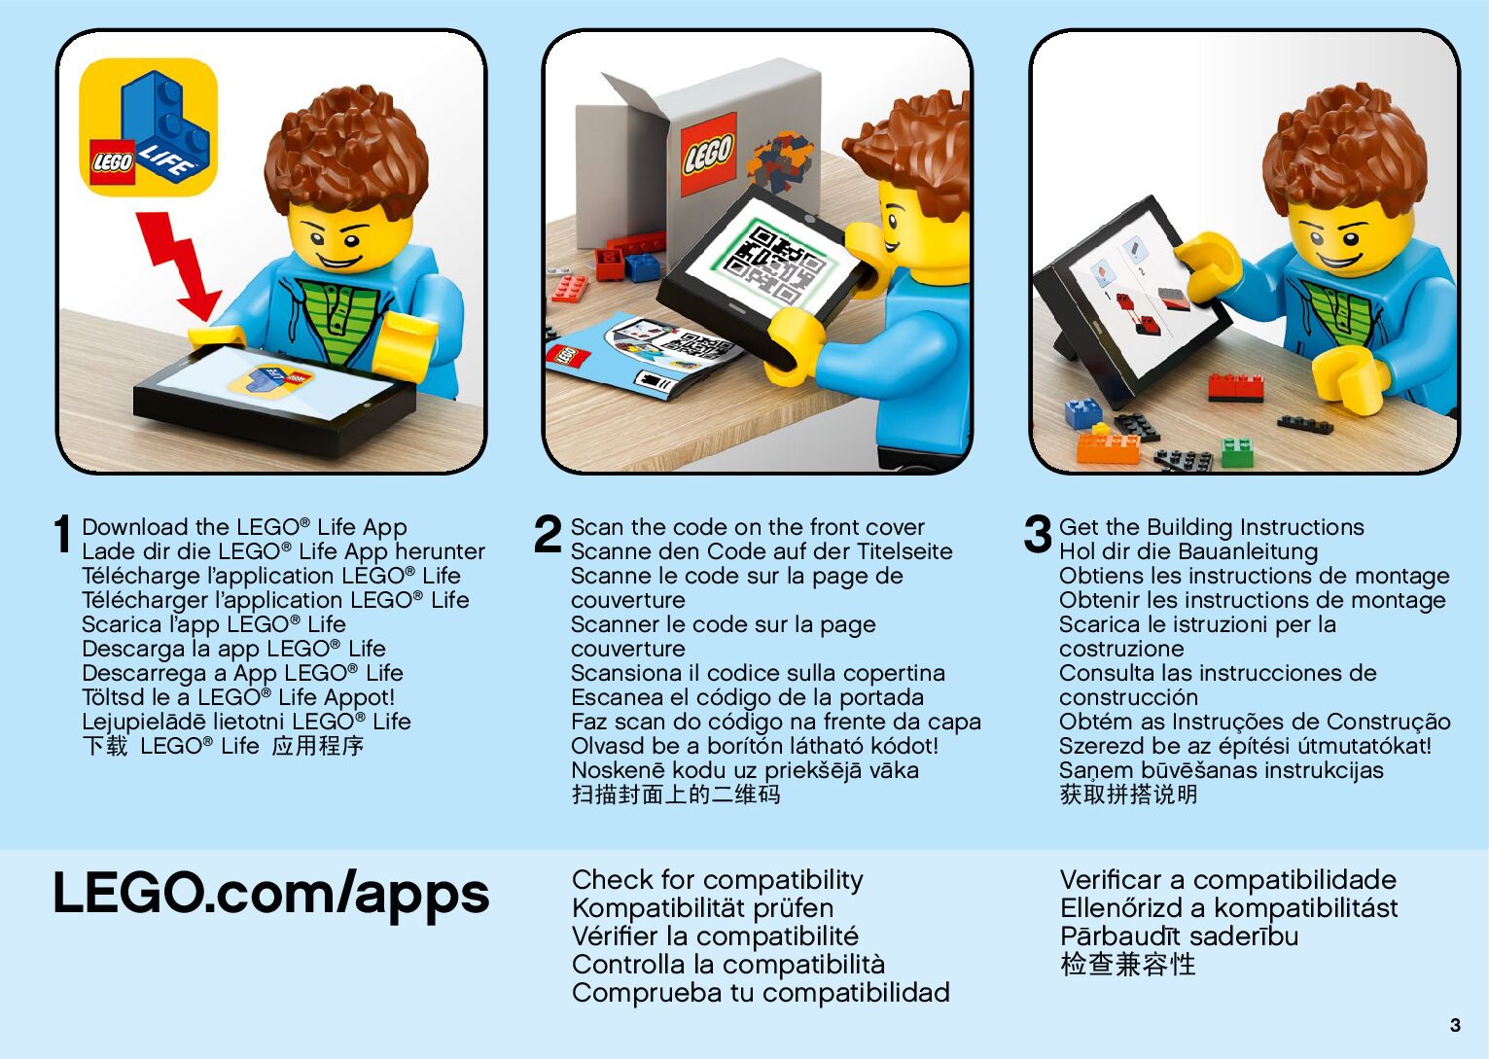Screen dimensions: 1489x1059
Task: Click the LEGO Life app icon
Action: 148,127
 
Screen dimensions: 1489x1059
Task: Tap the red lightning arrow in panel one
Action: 178,265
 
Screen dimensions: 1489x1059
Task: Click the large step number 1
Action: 62,534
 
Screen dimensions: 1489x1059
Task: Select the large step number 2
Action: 548,534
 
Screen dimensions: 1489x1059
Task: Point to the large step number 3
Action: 1038,534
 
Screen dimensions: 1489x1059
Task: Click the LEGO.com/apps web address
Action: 271,894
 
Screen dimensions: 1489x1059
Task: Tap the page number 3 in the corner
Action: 1455,1025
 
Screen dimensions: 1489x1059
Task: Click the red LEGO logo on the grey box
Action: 709,154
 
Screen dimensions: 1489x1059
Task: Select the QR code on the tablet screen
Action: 778,265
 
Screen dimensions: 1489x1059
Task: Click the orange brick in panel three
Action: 1108,446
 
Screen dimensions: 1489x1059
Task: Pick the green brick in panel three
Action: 1238,451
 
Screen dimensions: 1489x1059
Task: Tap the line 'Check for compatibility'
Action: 717,880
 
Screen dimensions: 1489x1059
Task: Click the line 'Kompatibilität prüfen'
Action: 702,908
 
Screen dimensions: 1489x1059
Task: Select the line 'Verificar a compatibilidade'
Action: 1228,880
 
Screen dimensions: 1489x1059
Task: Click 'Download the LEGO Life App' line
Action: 244,527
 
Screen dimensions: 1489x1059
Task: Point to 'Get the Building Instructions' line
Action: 1211,527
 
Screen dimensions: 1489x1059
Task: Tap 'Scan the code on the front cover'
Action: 748,527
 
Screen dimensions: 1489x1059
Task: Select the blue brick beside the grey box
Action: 642,267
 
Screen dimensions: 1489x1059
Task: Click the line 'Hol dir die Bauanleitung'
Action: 1188,551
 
